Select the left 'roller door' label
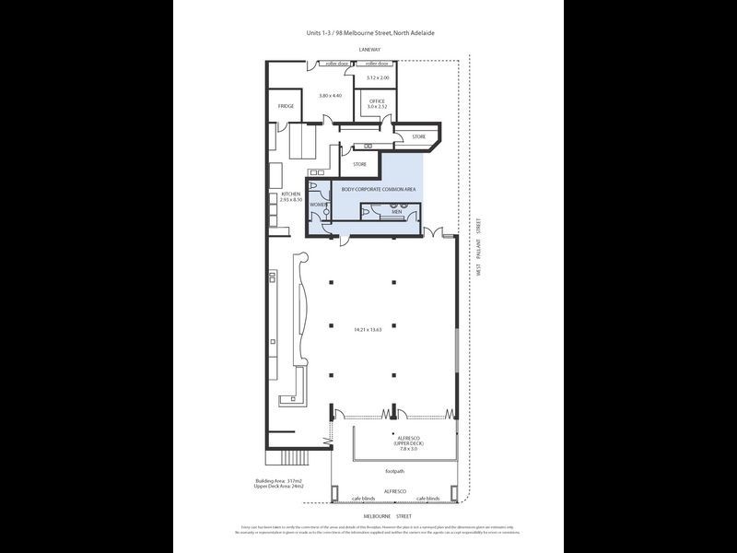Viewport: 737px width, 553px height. pyautogui.click(x=336, y=64)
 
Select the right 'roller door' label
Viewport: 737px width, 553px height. pyautogui.click(x=376, y=64)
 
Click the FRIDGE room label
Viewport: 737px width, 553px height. pyautogui.click(x=286, y=107)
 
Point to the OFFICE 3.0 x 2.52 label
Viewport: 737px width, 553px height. pyautogui.click(x=377, y=103)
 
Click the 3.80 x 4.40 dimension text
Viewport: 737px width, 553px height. pyautogui.click(x=330, y=96)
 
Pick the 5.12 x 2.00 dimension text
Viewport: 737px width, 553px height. pyautogui.click(x=378, y=77)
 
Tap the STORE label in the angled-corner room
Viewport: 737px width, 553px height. pyautogui.click(x=418, y=137)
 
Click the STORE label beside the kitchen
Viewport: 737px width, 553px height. pyautogui.click(x=359, y=164)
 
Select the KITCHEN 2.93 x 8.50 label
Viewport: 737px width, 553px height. pyautogui.click(x=291, y=196)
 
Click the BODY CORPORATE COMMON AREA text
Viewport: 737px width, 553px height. pyautogui.click(x=379, y=189)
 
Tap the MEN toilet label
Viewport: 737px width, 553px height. pyautogui.click(x=396, y=212)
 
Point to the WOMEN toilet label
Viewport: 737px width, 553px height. pyautogui.click(x=319, y=205)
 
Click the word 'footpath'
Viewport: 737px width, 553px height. pyautogui.click(x=395, y=471)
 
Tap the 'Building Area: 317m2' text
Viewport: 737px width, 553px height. pyautogui.click(x=279, y=480)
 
